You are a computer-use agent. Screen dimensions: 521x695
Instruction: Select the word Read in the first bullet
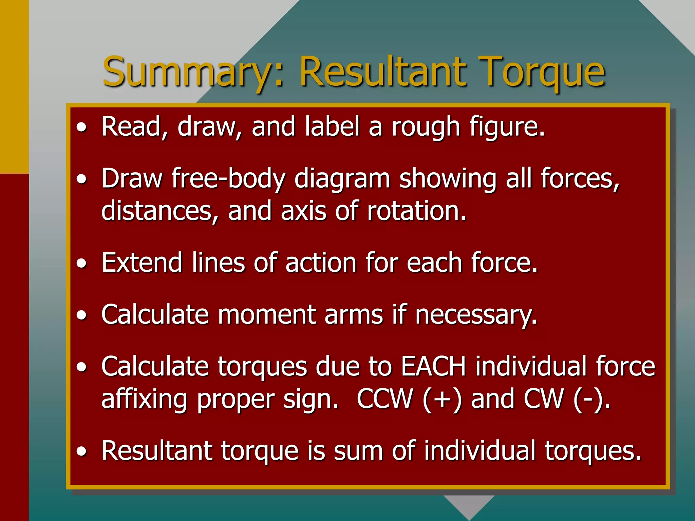coord(131,127)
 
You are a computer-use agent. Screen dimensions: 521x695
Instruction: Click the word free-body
coord(228,179)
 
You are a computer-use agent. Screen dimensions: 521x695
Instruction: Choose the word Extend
coord(142,263)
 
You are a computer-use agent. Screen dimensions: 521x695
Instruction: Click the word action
coord(321,263)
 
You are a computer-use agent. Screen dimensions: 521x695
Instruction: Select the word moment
coord(266,315)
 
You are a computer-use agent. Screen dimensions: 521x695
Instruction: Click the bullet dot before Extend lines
coord(81,263)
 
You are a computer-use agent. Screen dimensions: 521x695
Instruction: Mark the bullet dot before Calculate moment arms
coord(81,315)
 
